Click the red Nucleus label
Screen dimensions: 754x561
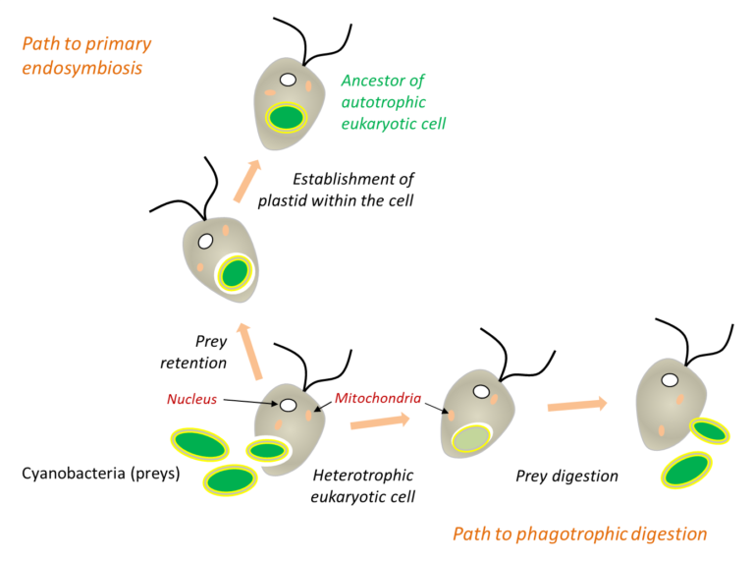(x=191, y=399)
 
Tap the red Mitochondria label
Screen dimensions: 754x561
(x=378, y=398)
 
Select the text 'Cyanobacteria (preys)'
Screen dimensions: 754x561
(x=101, y=474)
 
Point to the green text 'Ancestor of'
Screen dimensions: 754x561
(x=383, y=81)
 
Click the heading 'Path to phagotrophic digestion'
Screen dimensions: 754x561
(x=580, y=534)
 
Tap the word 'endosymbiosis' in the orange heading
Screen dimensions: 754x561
(x=82, y=68)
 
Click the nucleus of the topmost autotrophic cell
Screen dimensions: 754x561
(x=288, y=80)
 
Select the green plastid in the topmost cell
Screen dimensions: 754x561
(x=286, y=117)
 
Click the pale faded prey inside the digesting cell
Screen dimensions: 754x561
(x=471, y=438)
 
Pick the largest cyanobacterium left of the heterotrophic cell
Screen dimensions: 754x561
(x=199, y=444)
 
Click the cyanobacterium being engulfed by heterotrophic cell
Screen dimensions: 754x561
(x=267, y=451)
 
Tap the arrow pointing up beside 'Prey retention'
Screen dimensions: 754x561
(x=250, y=352)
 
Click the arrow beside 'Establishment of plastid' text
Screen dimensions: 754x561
(x=247, y=181)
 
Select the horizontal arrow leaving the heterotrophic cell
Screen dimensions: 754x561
(x=380, y=421)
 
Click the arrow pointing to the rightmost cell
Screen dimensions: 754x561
(x=577, y=405)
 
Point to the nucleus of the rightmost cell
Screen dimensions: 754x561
(x=670, y=380)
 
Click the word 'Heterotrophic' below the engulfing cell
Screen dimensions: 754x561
(x=363, y=475)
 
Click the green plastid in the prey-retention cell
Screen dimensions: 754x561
(x=235, y=273)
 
